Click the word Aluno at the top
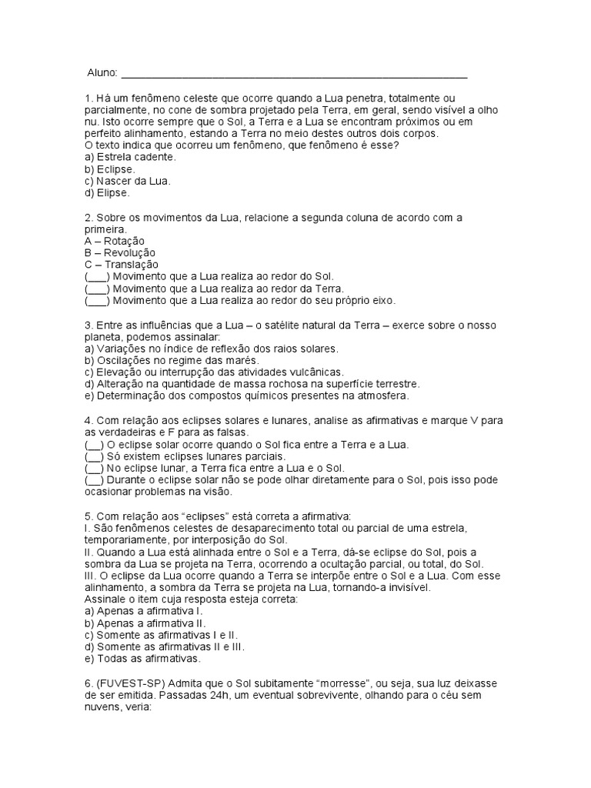[x=102, y=73]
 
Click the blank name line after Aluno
[x=294, y=75]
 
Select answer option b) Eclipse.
[x=110, y=169]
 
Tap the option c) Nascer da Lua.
[x=128, y=181]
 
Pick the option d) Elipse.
[x=108, y=193]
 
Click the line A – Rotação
[x=115, y=241]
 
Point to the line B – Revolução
[x=120, y=252]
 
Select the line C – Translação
[x=122, y=265]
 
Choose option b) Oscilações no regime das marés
[x=172, y=360]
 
